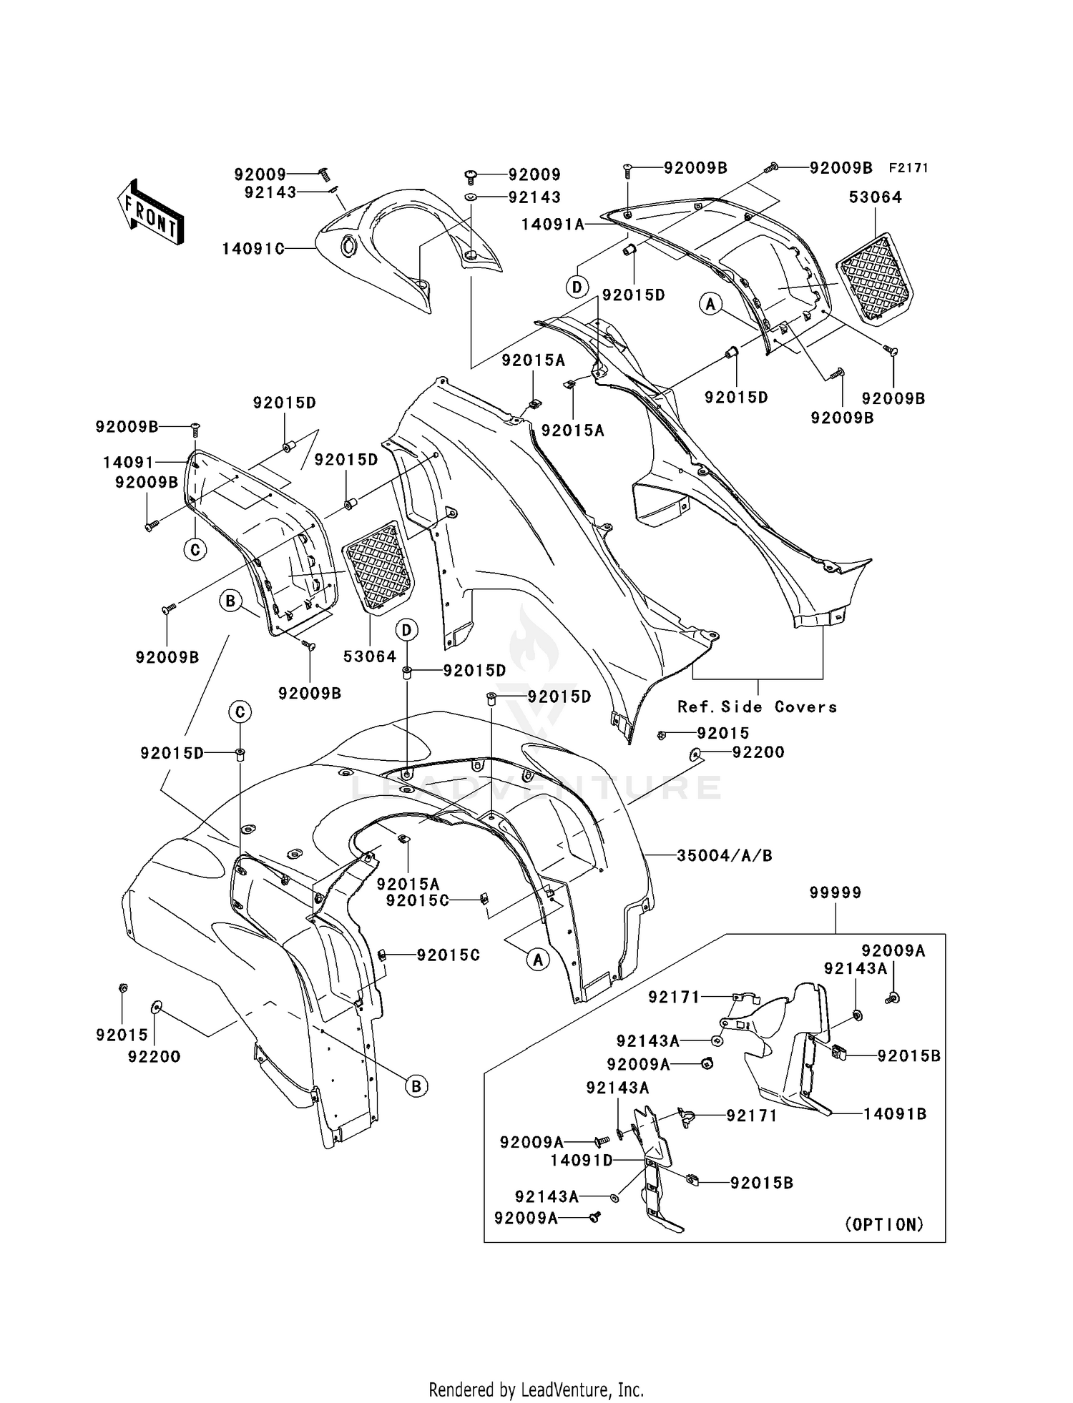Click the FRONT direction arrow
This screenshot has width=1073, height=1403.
coord(151,212)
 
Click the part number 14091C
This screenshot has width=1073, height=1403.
coord(253,249)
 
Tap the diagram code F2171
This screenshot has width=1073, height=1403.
coord(908,168)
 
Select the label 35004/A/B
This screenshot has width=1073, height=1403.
coord(725,855)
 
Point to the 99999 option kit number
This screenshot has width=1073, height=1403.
coord(836,892)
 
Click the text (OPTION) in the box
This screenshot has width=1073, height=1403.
coord(885,1224)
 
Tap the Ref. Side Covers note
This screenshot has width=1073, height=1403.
coord(757,707)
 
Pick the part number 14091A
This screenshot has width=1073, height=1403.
coord(552,224)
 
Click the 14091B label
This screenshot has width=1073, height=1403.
coord(894,1113)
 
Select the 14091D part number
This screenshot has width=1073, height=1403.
coord(582,1160)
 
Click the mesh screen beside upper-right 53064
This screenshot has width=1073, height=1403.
coord(876,279)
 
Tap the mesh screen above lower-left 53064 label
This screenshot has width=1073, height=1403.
coord(378,567)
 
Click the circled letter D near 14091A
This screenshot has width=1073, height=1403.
coord(577,287)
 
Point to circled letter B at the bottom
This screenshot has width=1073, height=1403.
coord(416,1086)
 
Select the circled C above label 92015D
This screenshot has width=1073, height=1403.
coord(240,712)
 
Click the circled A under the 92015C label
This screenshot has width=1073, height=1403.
coord(538,960)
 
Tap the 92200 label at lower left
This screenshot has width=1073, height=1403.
coord(155,1056)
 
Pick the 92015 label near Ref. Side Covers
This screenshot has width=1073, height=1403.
coord(723,733)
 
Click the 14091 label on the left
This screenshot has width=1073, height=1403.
coord(129,463)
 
